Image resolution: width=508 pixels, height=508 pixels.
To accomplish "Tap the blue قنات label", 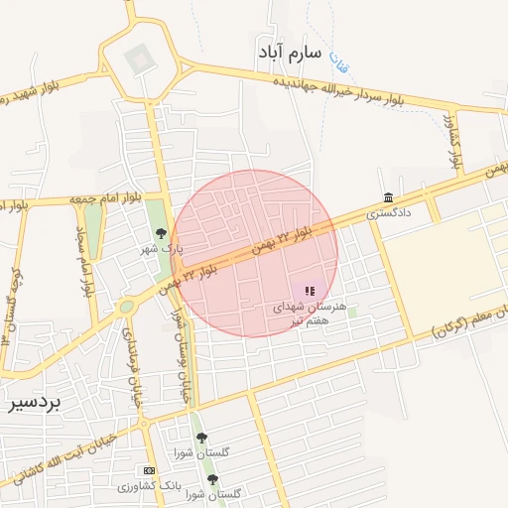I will pos(337,62).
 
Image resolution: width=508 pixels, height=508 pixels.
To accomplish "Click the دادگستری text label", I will pos(388,212).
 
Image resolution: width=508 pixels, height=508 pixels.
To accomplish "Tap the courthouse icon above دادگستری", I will pos(387,196).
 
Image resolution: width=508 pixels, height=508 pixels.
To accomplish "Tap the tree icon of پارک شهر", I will pos(161,234).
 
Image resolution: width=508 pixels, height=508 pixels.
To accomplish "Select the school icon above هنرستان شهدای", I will pos(310,291).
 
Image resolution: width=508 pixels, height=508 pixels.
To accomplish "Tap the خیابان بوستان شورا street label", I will pos(183,355).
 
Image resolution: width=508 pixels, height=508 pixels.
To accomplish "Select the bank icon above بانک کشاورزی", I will pos(149,470).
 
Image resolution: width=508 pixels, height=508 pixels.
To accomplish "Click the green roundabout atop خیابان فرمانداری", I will pos(126,308).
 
